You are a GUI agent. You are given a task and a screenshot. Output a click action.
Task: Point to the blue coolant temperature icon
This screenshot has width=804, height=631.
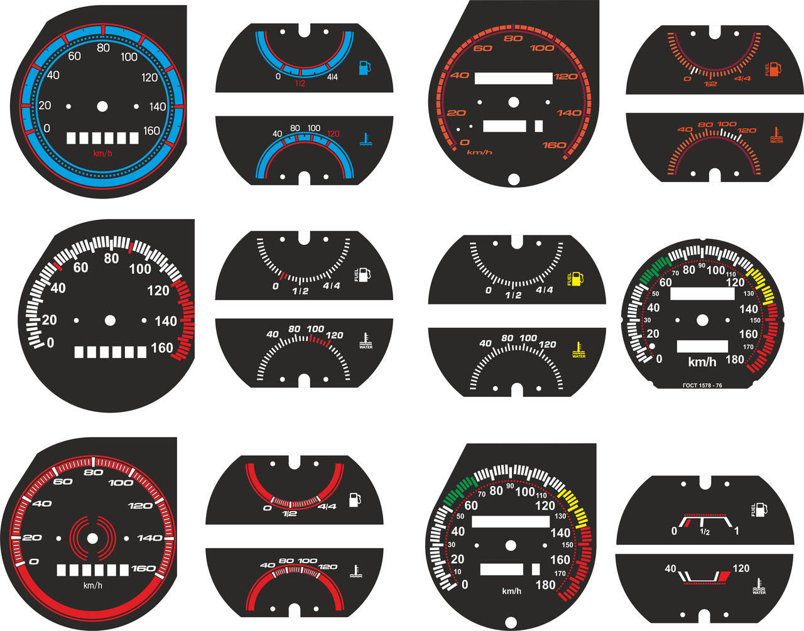365,139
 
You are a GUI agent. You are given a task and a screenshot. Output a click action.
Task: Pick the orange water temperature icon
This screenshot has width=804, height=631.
776,134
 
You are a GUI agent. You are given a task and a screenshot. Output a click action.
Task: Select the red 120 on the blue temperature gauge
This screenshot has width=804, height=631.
333,134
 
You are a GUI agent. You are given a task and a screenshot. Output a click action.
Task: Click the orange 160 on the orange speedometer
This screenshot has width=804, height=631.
554,145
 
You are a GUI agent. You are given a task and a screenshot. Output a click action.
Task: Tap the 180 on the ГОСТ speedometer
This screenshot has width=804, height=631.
734,360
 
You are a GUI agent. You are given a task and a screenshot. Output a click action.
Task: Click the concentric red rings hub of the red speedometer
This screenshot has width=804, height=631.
93,538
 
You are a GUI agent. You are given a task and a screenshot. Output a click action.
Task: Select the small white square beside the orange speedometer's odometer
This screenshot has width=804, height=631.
538,126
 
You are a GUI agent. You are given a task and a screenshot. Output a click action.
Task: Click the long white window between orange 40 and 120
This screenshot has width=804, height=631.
513,78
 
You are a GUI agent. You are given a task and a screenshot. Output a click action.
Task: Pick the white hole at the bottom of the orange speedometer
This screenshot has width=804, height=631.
513,180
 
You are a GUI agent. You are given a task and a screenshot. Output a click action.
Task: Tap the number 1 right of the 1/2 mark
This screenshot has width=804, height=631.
736,532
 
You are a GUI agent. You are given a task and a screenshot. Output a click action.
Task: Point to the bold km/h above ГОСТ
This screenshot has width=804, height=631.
702,362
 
